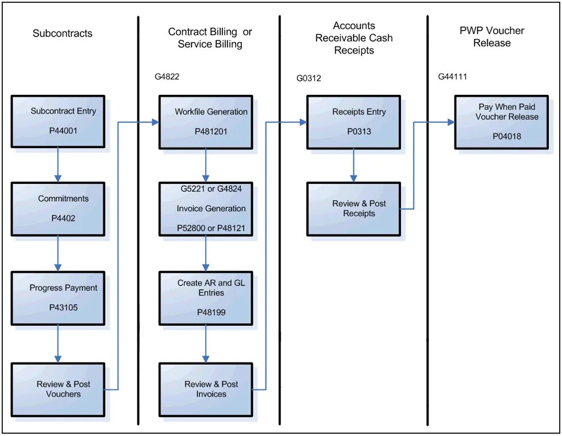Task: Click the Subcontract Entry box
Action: pos(57,121)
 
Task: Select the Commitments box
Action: pos(57,209)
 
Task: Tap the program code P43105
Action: pos(63,307)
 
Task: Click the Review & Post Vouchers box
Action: pos(57,389)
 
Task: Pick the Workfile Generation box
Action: pos(206,121)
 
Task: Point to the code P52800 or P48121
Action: pos(211,228)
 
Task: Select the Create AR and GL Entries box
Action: pos(206,298)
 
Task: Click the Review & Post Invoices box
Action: pos(206,389)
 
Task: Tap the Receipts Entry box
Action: pos(353,121)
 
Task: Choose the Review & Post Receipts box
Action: pos(353,209)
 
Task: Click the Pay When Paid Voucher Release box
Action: pos(501,121)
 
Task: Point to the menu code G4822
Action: pos(167,76)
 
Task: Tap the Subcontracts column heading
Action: pos(62,33)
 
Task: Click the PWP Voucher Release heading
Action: pos(492,37)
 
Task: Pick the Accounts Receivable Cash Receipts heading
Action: pos(353,38)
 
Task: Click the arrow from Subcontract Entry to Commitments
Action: pos(57,165)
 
